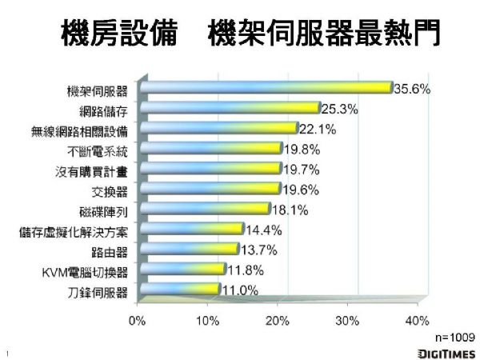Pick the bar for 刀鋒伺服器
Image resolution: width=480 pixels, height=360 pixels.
[x=180, y=289]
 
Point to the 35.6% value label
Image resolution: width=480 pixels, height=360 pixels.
[x=412, y=89]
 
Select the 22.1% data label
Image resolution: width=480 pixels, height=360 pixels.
[x=317, y=128]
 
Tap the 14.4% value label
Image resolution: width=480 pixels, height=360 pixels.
[x=262, y=230]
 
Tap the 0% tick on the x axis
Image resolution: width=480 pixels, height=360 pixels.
[x=138, y=322]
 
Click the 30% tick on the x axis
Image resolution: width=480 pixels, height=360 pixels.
[x=346, y=322]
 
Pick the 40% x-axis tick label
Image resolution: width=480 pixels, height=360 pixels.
[x=417, y=322]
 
